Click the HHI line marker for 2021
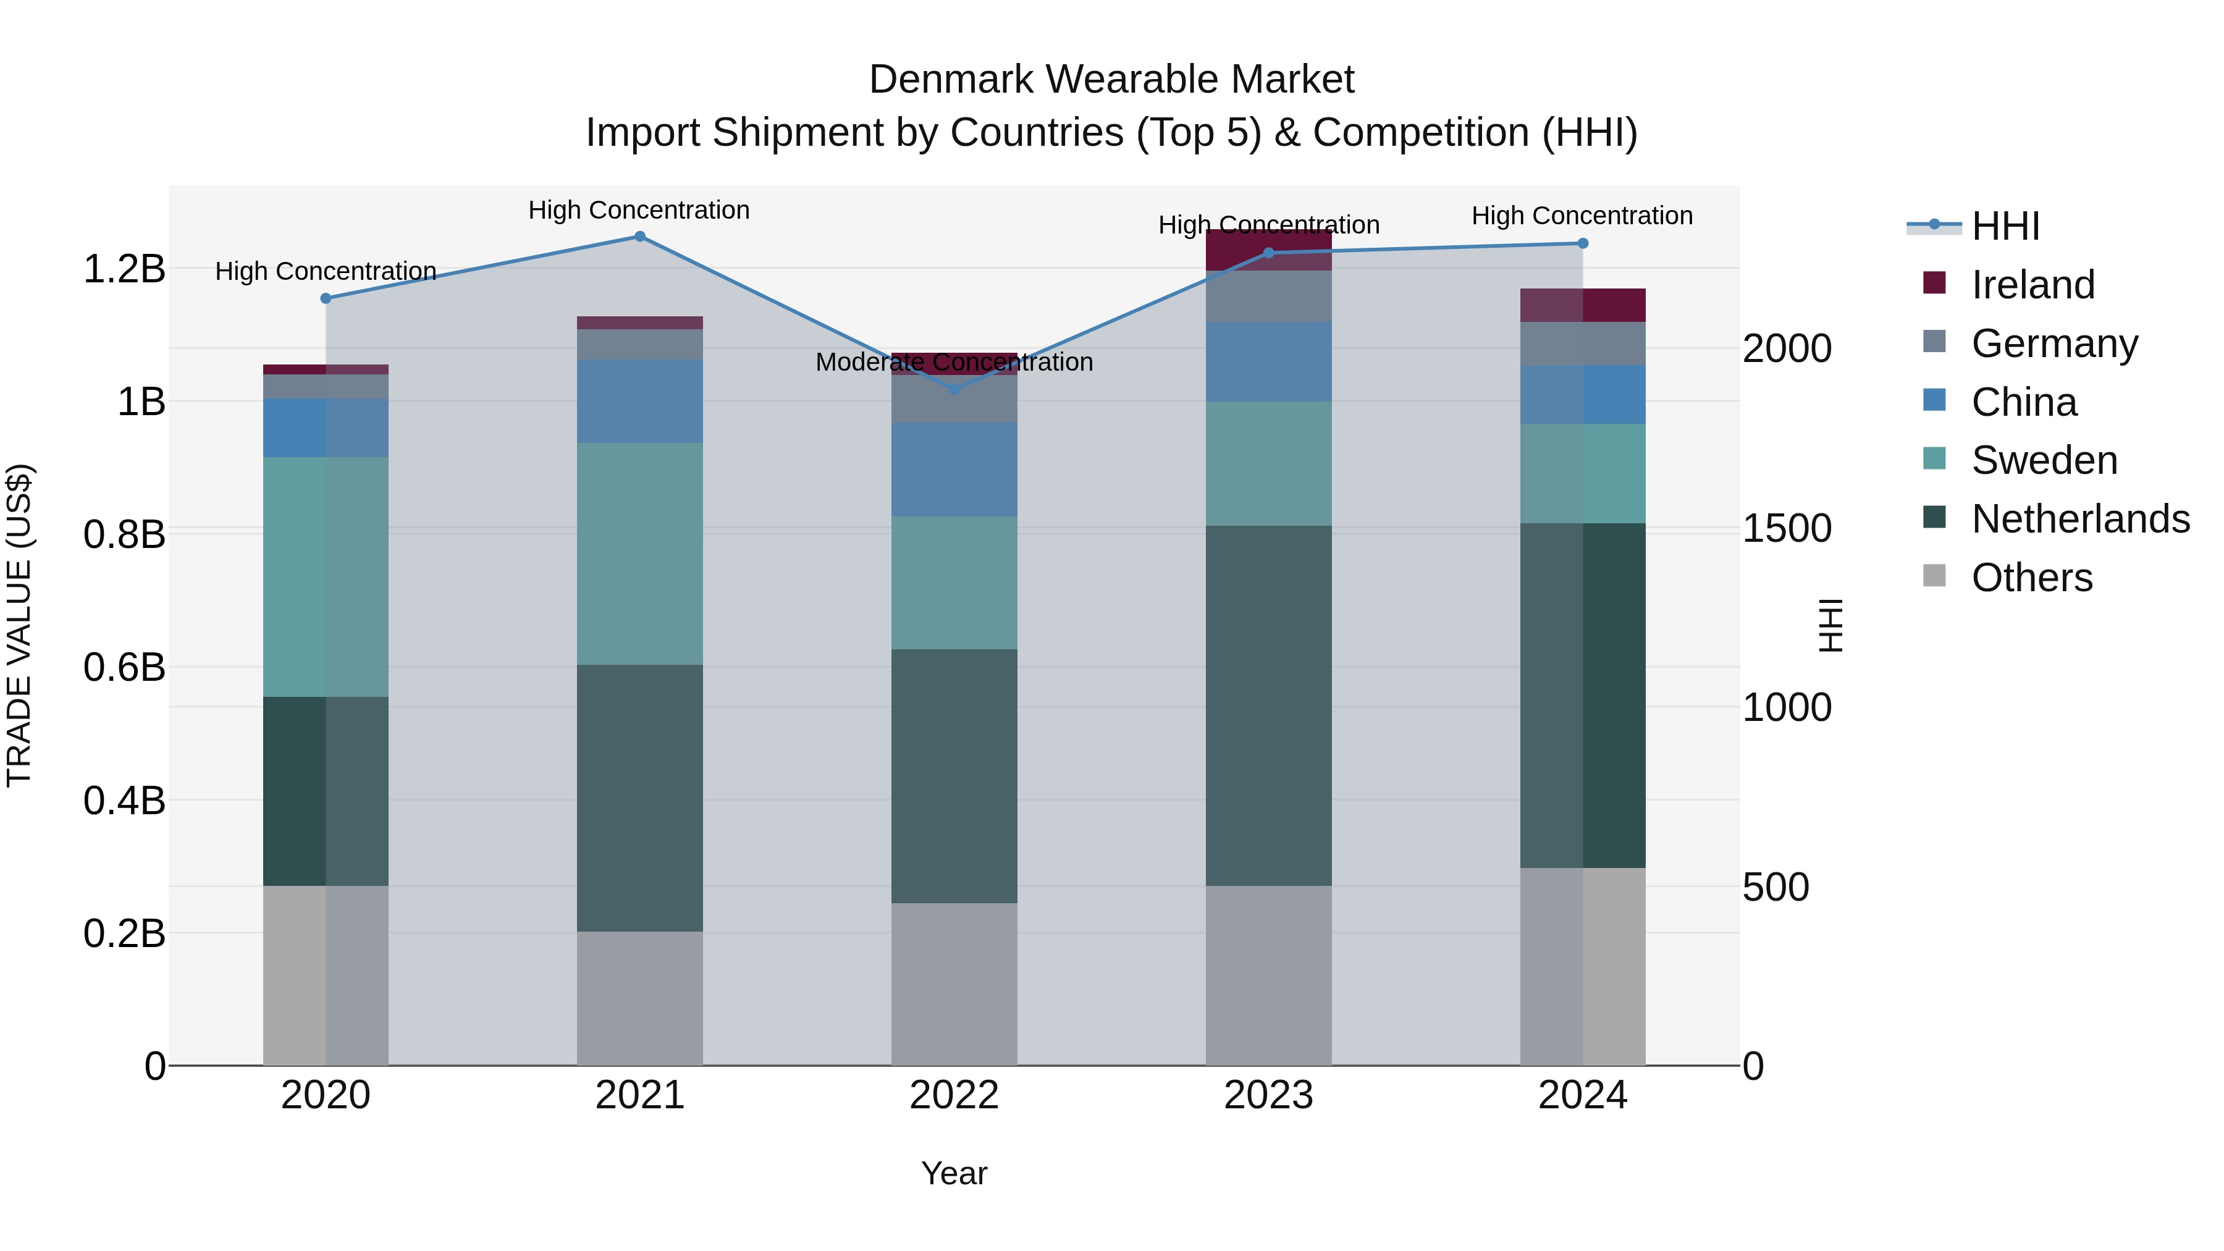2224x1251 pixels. tap(640, 237)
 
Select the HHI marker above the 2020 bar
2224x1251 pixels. tap(326, 299)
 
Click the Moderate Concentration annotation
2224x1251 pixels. tap(954, 362)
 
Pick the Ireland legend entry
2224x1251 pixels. tap(2032, 285)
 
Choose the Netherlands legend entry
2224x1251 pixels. tap(2080, 519)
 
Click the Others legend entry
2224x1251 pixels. tap(2031, 578)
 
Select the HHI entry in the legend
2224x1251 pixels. tap(2005, 226)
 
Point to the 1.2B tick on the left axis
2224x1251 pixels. tap(124, 269)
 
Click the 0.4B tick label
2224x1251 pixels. tap(124, 800)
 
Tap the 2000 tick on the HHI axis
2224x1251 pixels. tap(1786, 349)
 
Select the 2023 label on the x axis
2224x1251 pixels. tap(1268, 1095)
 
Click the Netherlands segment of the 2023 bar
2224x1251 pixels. tap(1268, 706)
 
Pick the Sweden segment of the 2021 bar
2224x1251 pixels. tap(640, 554)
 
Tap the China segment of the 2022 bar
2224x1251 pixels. tap(954, 470)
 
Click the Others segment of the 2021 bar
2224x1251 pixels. tap(640, 998)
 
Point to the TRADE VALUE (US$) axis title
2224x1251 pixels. tap(19, 625)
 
